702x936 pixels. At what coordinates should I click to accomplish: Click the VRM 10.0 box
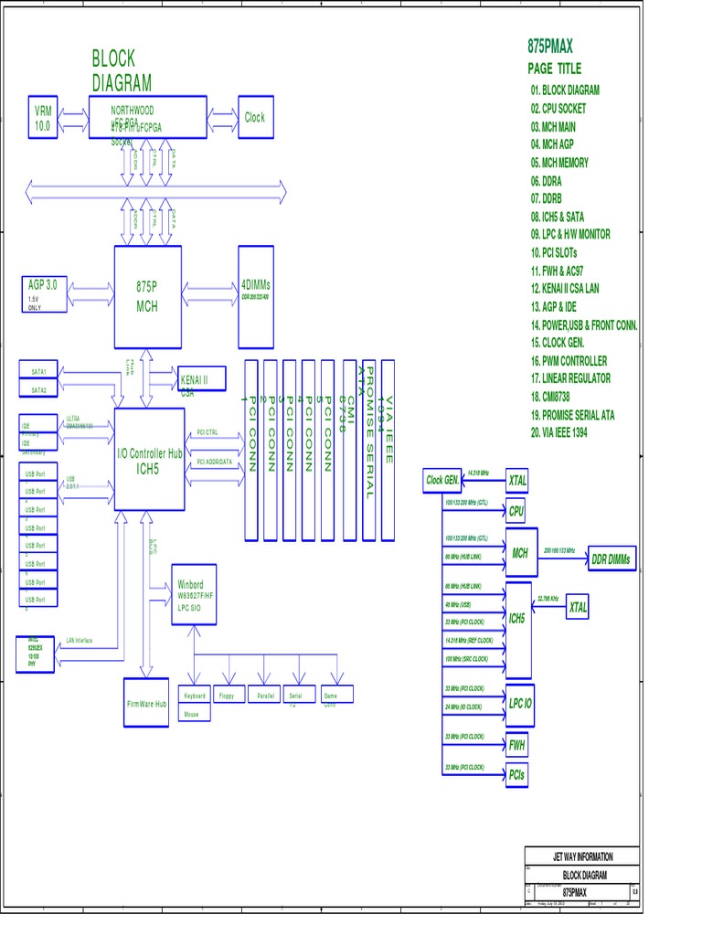[43, 118]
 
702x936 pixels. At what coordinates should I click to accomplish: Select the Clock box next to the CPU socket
[255, 117]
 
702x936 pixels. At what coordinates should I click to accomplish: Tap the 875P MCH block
[146, 297]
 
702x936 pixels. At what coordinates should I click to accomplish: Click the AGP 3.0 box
[43, 292]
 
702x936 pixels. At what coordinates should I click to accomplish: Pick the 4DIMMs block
[255, 296]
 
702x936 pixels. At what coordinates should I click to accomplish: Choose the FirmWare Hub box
[147, 703]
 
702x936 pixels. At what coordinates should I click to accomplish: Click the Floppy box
[227, 696]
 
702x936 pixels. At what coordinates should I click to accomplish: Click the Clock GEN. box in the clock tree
[442, 480]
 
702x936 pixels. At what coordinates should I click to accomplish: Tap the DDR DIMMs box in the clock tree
[612, 558]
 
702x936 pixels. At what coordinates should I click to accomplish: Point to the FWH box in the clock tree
[518, 742]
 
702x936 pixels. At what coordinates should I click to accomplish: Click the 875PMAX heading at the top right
[550, 46]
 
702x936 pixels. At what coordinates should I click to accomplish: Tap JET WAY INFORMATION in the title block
[583, 856]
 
